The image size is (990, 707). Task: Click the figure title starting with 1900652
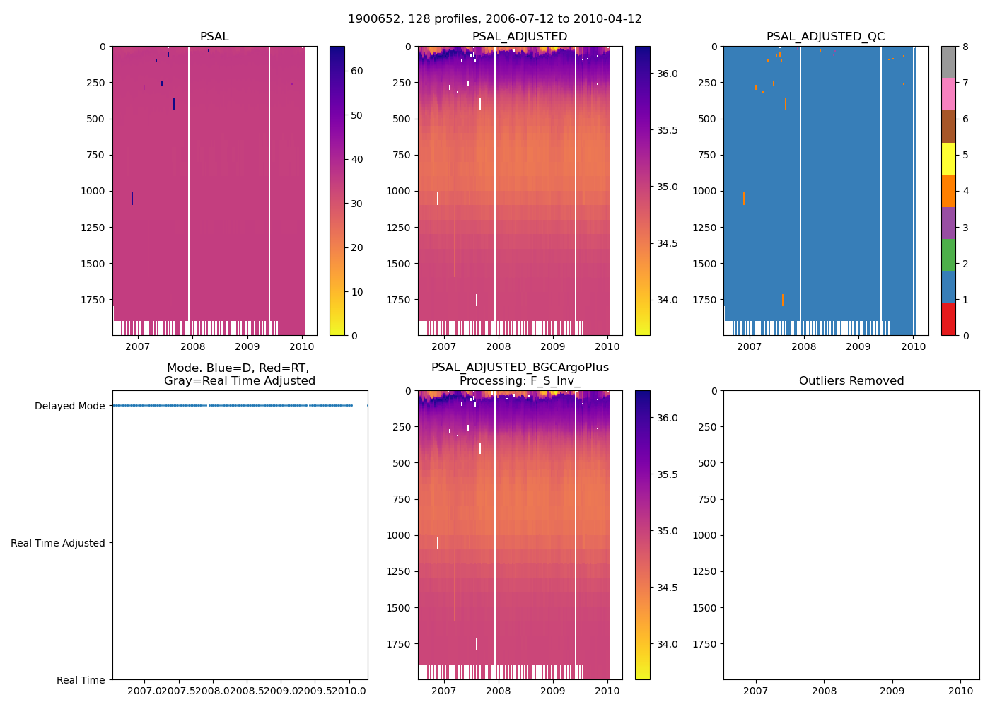(494, 19)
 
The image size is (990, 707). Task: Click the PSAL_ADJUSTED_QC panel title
(825, 37)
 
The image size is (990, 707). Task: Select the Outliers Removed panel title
(851, 381)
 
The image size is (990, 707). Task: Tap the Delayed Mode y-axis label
(69, 406)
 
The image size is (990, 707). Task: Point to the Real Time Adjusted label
(57, 543)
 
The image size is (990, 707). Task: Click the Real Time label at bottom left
(81, 680)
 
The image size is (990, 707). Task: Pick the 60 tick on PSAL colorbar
(356, 71)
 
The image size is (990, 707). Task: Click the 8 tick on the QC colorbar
(965, 47)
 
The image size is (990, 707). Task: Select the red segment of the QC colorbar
(948, 320)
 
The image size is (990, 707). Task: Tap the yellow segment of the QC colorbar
(948, 158)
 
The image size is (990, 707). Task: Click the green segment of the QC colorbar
(948, 255)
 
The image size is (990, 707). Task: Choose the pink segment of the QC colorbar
(948, 94)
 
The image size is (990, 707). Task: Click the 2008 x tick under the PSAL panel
(192, 346)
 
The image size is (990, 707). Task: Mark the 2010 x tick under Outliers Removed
(960, 691)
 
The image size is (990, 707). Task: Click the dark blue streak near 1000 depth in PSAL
(132, 199)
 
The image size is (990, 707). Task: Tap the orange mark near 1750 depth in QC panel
(783, 300)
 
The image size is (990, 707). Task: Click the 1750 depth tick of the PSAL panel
(93, 300)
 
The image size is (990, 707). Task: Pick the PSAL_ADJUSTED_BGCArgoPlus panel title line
(520, 368)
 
